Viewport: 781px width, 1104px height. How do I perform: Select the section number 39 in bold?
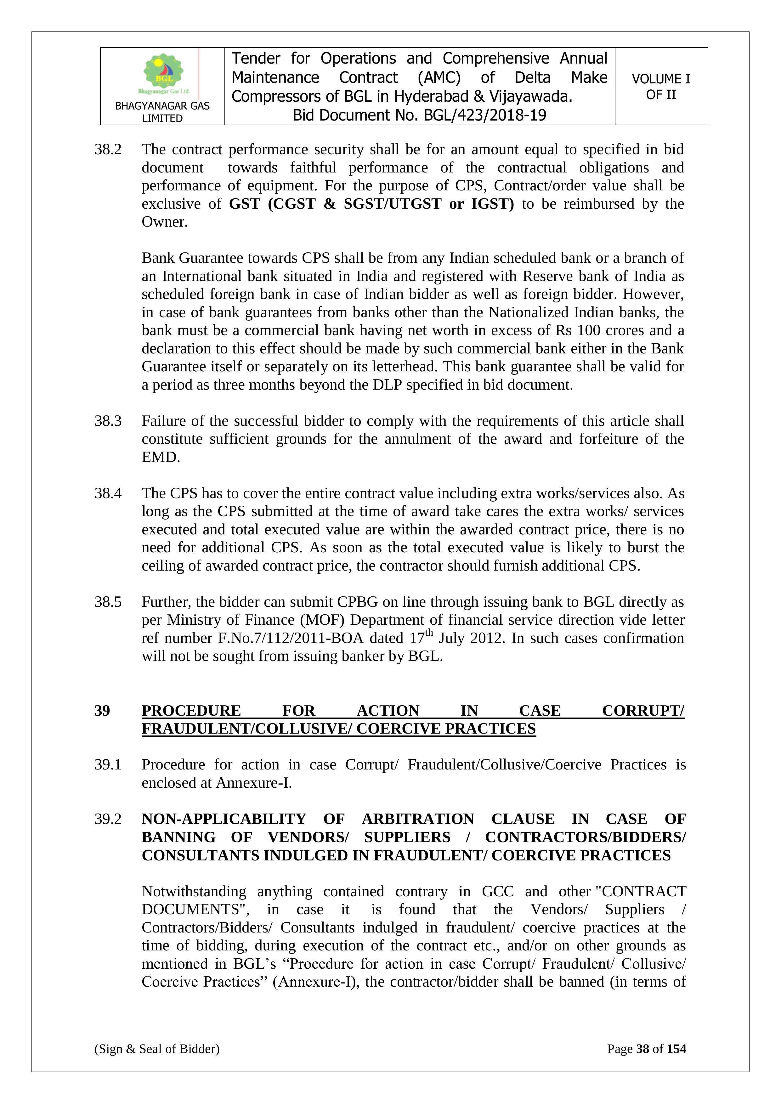(102, 711)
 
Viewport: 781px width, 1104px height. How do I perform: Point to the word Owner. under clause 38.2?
(164, 222)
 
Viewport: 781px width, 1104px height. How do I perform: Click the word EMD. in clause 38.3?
(161, 457)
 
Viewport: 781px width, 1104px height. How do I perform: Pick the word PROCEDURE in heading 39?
(191, 711)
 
